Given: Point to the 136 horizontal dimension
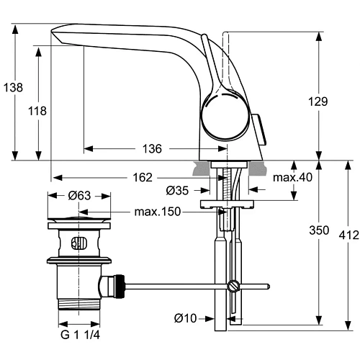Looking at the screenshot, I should point(151,149).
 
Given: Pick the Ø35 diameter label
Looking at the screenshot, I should point(177,191).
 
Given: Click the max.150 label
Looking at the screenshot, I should point(156,212).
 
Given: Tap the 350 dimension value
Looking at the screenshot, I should point(318,231).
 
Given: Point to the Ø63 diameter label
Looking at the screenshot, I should point(79,194).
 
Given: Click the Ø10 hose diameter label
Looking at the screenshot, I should point(185,318).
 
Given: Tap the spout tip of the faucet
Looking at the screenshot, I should point(55,36).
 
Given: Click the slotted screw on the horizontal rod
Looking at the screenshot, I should point(233,287).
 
